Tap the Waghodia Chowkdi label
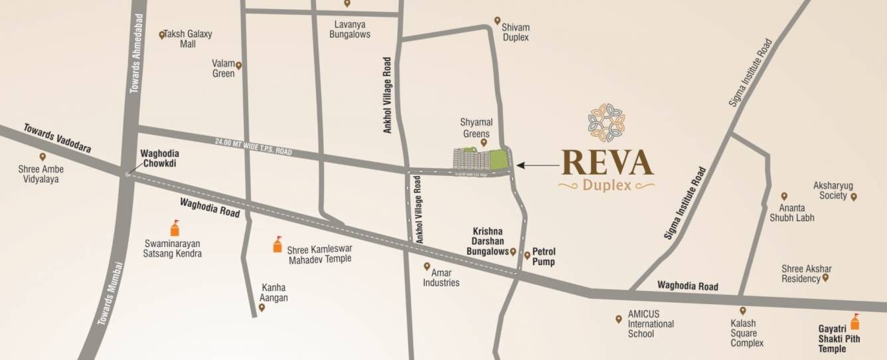click(160, 157)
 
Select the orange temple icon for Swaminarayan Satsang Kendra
click(175, 228)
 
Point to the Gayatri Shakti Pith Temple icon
click(855, 322)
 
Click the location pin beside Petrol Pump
click(527, 255)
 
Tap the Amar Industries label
click(442, 278)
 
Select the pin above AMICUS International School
click(619, 319)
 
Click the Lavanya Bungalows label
click(350, 29)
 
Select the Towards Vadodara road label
click(57, 137)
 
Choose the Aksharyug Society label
click(831, 191)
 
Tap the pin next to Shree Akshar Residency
click(825, 278)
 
